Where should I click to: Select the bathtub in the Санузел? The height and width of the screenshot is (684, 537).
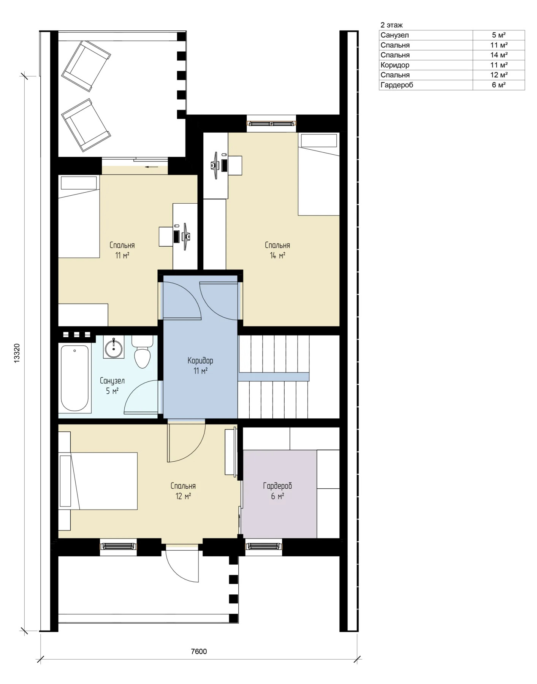tap(75, 378)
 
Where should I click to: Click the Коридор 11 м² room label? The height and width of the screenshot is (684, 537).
tap(200, 365)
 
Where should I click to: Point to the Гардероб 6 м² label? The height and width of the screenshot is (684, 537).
tap(277, 491)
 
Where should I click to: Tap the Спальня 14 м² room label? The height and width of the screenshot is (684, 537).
tap(277, 250)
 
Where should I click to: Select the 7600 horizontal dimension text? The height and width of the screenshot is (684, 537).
tap(198, 651)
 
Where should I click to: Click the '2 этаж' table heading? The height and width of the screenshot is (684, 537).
tap(391, 25)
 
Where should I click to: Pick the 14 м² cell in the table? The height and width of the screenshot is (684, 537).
tap(499, 55)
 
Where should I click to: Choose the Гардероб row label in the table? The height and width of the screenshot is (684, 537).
tap(397, 85)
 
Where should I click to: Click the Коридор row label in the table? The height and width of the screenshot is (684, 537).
tap(395, 65)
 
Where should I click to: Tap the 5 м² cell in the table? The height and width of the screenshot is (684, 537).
tap(499, 35)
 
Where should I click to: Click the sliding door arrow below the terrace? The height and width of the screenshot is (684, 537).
tap(152, 166)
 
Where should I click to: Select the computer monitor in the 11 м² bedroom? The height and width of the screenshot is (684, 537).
tap(186, 236)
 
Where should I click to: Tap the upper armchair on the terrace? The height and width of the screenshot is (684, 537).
tap(86, 66)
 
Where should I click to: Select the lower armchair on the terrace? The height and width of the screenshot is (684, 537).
tap(86, 125)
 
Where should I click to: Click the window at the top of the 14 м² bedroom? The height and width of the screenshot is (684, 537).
tap(271, 123)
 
